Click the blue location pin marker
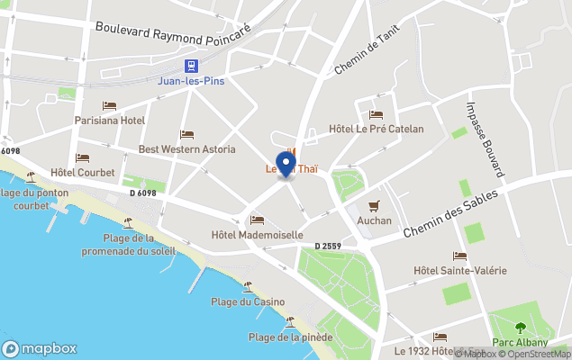[x=286, y=165]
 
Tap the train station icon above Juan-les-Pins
[x=191, y=65]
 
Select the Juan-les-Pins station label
[x=191, y=80]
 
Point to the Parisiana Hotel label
[x=109, y=121]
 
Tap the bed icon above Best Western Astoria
[x=186, y=134]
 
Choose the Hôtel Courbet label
[x=83, y=172]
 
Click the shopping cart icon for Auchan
[x=374, y=205]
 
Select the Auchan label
[x=374, y=220]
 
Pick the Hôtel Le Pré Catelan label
[x=377, y=129]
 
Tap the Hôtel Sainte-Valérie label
[x=459, y=271]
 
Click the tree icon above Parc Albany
[x=519, y=327]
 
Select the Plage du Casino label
[x=248, y=301]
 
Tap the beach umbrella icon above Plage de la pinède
[x=290, y=322]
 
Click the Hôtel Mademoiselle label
[x=257, y=236]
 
